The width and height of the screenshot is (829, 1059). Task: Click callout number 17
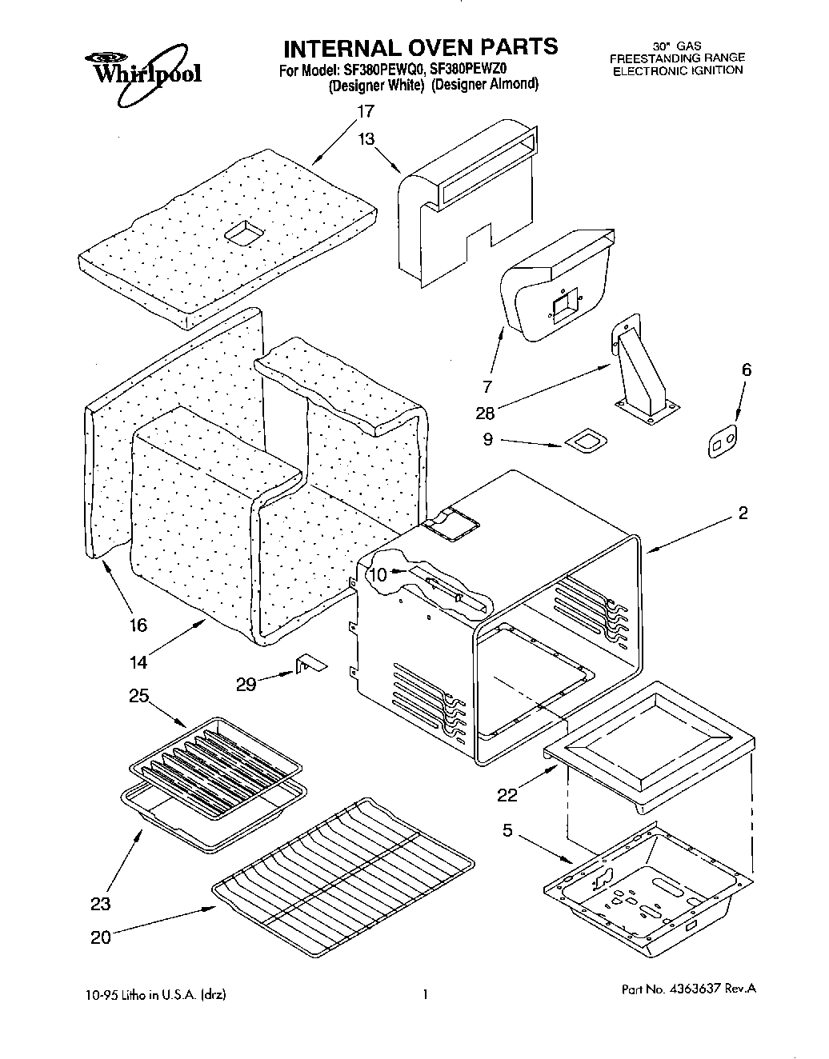[366, 111]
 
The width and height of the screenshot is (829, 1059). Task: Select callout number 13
[366, 139]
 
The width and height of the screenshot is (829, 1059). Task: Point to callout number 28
[485, 413]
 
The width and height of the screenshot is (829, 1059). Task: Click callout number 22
[508, 794]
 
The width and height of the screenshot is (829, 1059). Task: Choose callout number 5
[507, 830]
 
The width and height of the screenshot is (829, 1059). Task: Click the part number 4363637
[694, 989]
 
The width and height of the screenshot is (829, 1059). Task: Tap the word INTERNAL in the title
[334, 47]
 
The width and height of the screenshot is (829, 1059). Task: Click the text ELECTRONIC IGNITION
[678, 70]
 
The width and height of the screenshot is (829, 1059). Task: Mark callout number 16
[138, 625]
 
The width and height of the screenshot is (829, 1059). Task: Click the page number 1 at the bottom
[426, 995]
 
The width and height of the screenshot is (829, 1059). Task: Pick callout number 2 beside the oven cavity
[743, 514]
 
